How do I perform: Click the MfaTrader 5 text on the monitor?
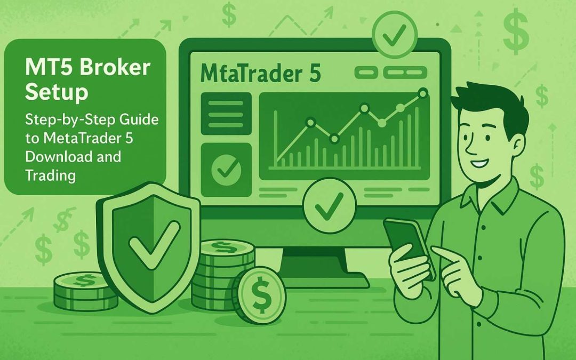coord(261,74)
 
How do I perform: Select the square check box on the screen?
coord(226,169)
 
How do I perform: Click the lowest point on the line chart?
coord(334,139)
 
